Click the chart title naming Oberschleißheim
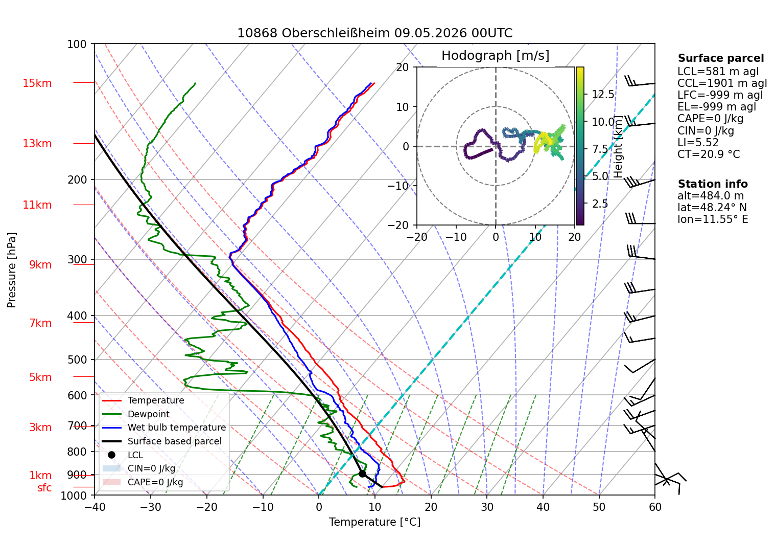pos(374,33)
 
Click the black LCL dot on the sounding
pos(362,474)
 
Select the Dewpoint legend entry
pos(136,414)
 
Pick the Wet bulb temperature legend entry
pos(164,428)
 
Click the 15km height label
pos(37,83)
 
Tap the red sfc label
pos(44,488)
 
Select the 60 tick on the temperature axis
pos(655,507)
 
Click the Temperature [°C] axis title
pos(374,522)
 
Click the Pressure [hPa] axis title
pos(11,270)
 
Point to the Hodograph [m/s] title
pos(496,55)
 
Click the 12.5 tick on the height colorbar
pos(603,94)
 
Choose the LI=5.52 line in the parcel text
pos(698,142)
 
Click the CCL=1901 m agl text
pos(722,83)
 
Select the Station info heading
pos(713,184)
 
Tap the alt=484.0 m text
pos(711,196)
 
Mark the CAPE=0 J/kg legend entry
pos(143,482)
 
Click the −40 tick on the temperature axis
pos(95,507)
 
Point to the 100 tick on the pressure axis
pos(77,44)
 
